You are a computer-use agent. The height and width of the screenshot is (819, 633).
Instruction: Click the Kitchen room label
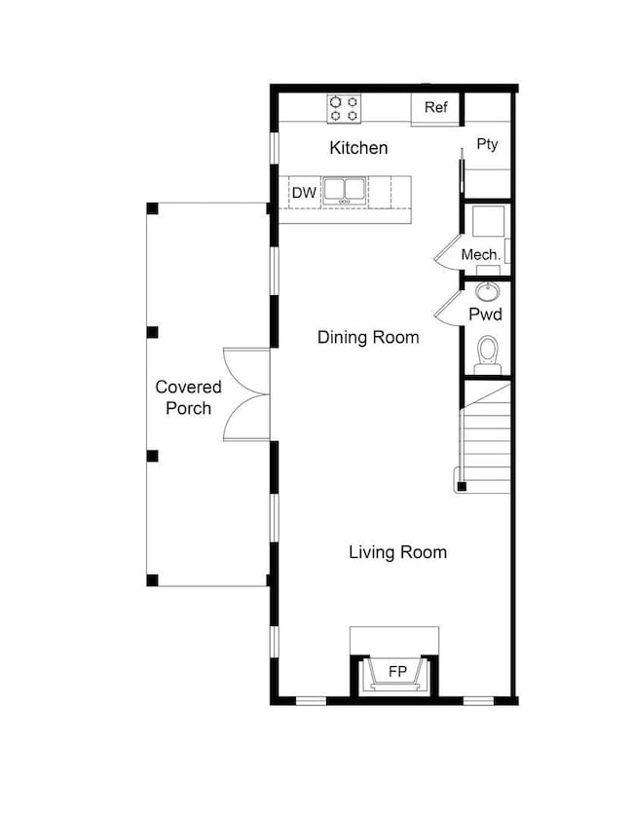[x=358, y=148]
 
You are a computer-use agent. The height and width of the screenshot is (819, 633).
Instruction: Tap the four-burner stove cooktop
[x=344, y=109]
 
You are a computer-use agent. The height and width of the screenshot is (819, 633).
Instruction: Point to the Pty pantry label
[x=487, y=144]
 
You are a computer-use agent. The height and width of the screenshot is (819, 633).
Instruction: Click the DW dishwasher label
[x=304, y=193]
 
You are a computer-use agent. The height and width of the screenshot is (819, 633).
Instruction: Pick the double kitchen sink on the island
[x=344, y=191]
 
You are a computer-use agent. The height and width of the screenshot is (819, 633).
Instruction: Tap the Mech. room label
[x=481, y=255]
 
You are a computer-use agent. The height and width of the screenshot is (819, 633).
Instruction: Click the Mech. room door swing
[x=448, y=253]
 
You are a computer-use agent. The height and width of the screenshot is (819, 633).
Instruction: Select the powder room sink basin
[x=488, y=292]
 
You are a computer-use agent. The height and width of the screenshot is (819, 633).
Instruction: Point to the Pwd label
[x=485, y=314]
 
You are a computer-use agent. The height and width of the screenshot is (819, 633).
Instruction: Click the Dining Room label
[x=368, y=337]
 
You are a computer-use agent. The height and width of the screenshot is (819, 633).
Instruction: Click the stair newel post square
[x=462, y=487]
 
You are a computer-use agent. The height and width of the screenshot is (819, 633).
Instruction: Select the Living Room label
[x=398, y=552]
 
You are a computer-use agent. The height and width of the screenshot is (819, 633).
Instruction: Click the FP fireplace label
[x=397, y=671]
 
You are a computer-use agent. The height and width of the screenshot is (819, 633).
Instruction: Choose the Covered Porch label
[x=189, y=397]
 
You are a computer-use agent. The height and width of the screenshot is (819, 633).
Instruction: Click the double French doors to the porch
[x=246, y=394]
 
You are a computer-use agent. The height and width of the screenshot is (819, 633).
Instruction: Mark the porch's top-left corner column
[x=152, y=207]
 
